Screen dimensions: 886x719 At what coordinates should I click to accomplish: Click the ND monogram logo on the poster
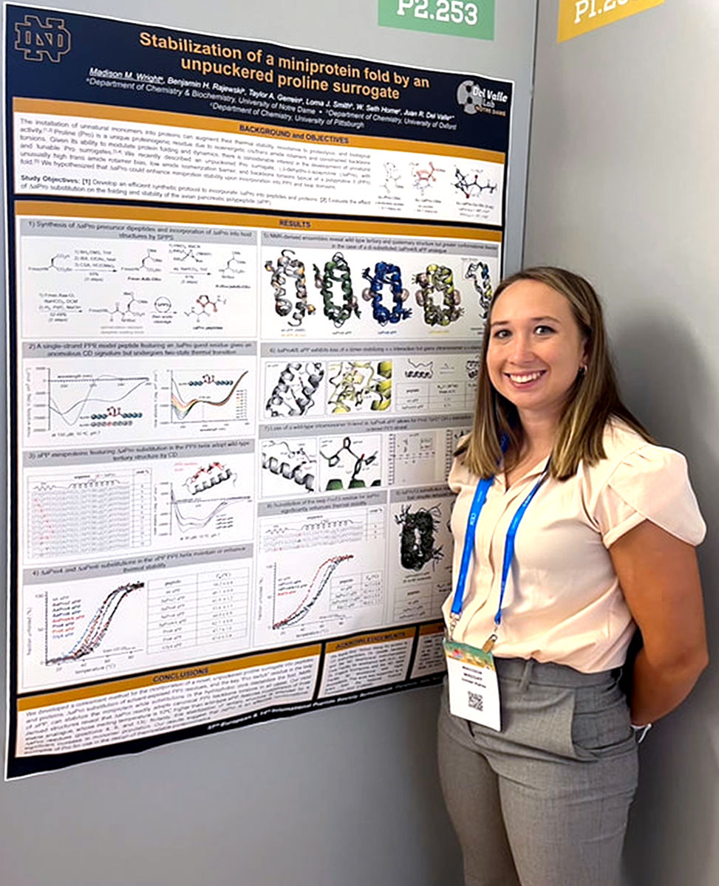(x=42, y=38)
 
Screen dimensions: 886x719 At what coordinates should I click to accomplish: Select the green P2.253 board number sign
(x=436, y=15)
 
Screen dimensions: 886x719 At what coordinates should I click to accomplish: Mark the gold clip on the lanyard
(x=488, y=643)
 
